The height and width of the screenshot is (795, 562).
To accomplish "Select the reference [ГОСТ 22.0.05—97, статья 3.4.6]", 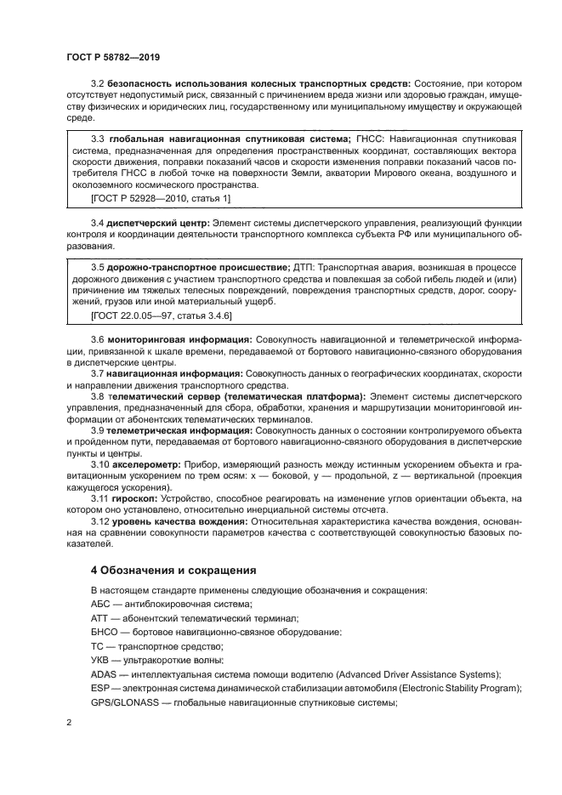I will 161,315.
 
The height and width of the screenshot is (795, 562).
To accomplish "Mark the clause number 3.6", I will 98,339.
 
